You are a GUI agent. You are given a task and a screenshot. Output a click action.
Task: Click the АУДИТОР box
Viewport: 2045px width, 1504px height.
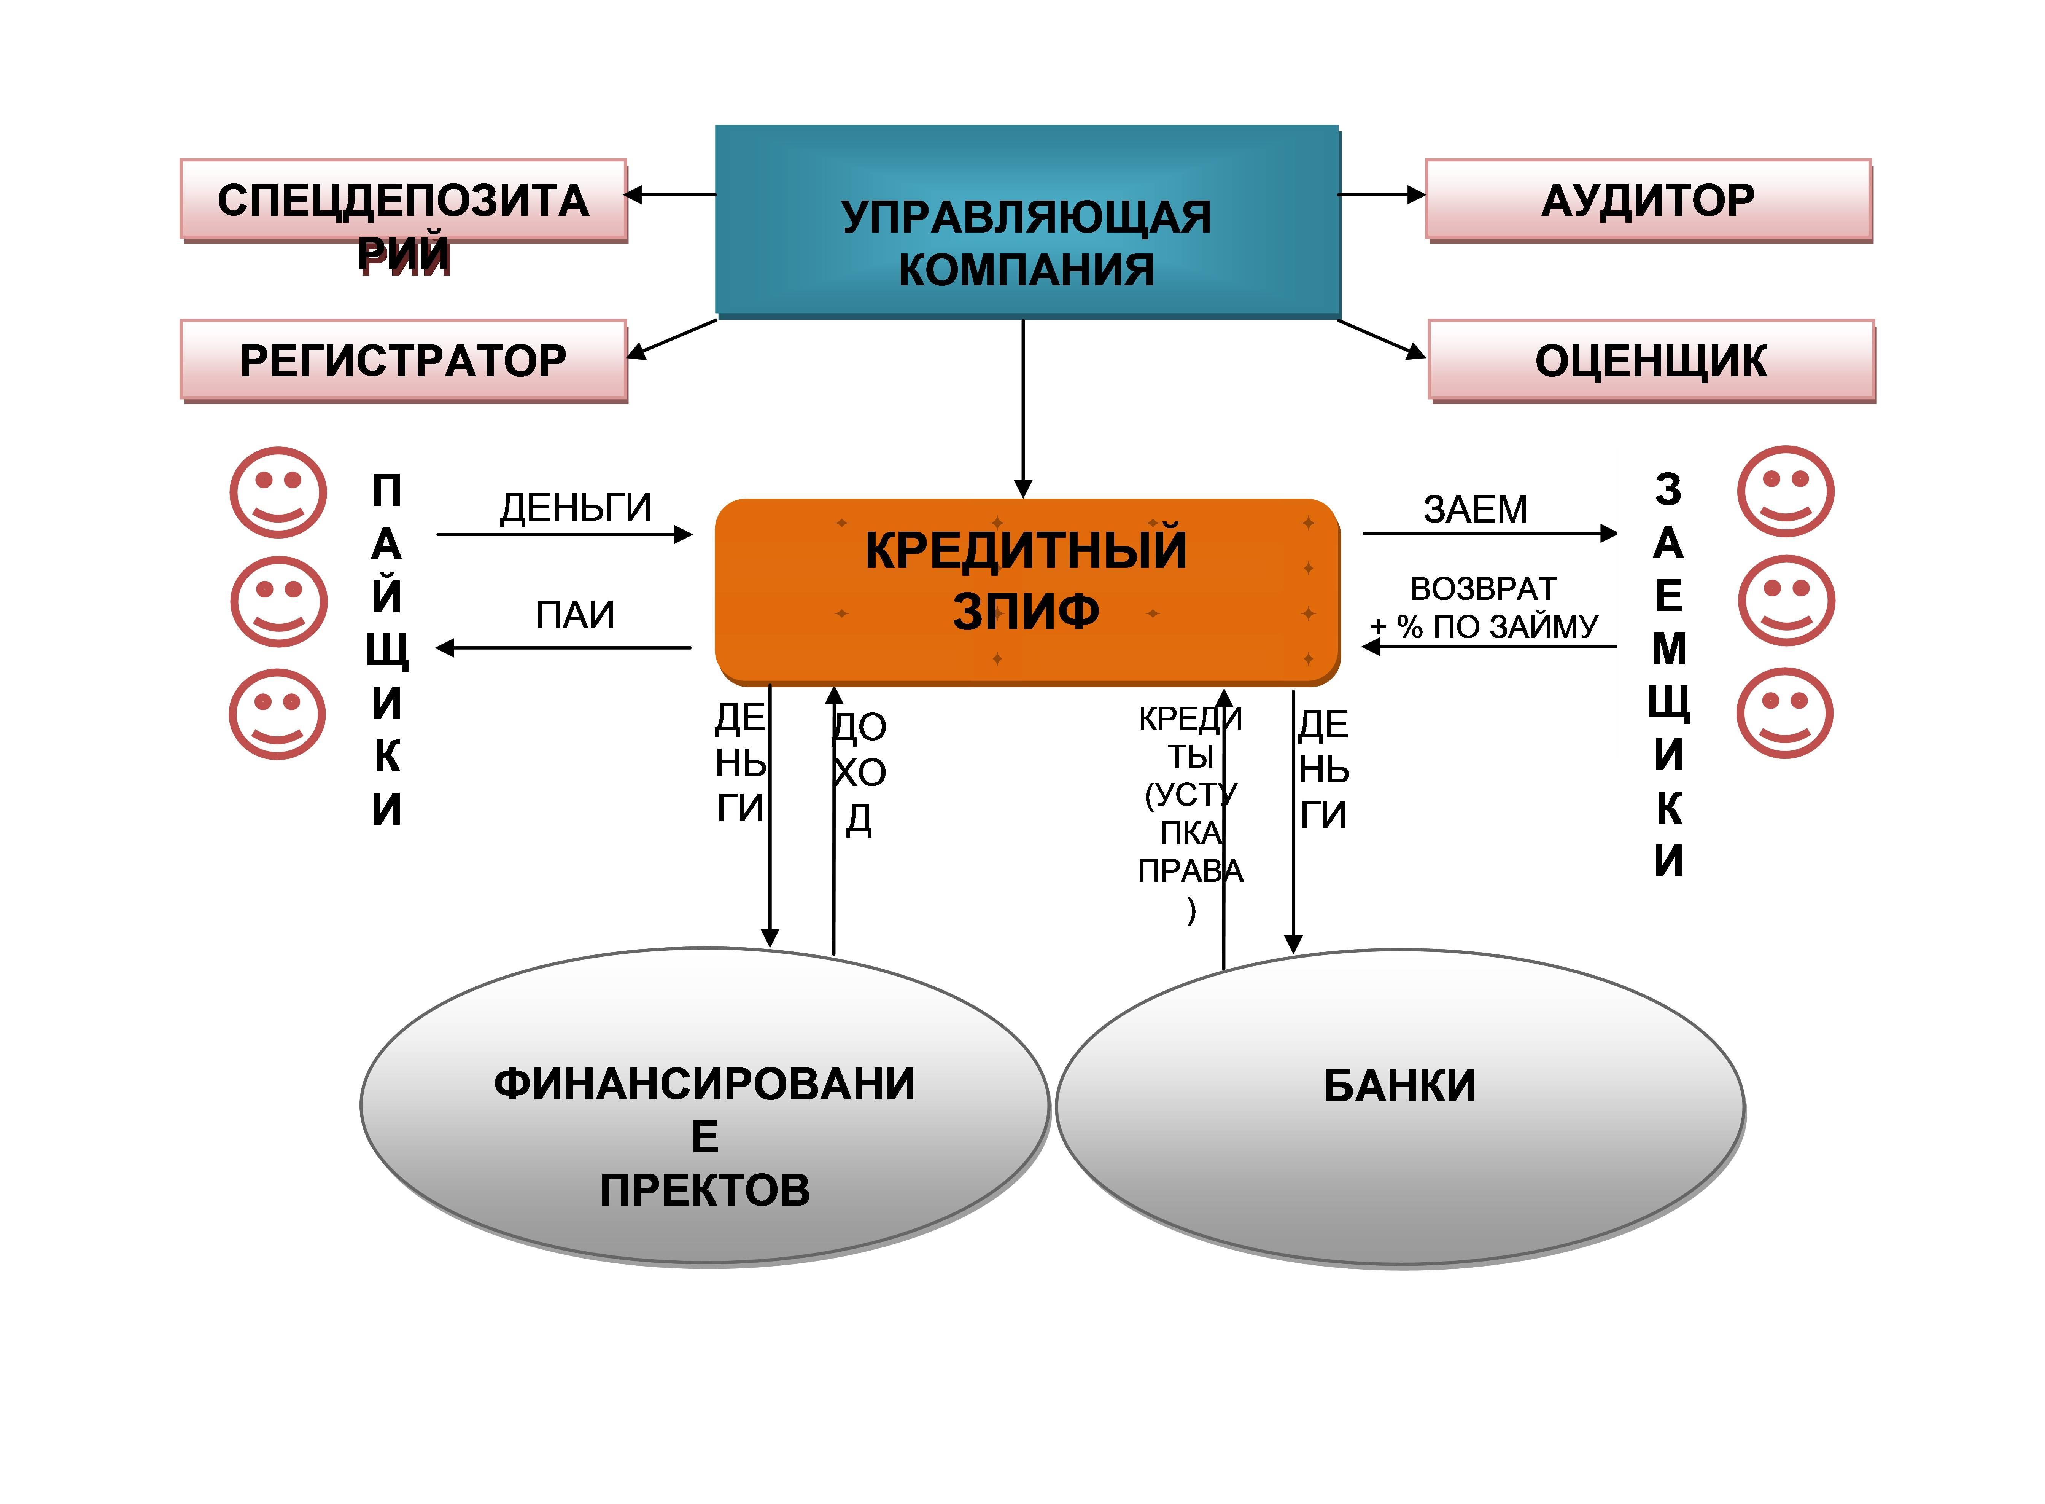pyautogui.click(x=1648, y=200)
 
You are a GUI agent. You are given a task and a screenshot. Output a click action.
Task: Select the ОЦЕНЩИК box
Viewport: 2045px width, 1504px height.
pyautogui.click(x=1651, y=360)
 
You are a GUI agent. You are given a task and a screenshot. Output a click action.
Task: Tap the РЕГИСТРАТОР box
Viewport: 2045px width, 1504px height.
pyautogui.click(x=404, y=360)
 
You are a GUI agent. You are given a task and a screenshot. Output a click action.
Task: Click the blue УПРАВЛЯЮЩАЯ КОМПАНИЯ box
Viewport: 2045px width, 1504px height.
pyautogui.click(x=1027, y=221)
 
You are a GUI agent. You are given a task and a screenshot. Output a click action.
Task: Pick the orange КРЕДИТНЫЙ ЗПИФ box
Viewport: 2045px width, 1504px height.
pyautogui.click(x=1027, y=592)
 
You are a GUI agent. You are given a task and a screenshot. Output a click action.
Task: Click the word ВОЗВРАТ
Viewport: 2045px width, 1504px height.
pyautogui.click(x=1484, y=589)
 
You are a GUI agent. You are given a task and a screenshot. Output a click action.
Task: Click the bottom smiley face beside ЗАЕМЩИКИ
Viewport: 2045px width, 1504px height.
pyautogui.click(x=1785, y=713)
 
